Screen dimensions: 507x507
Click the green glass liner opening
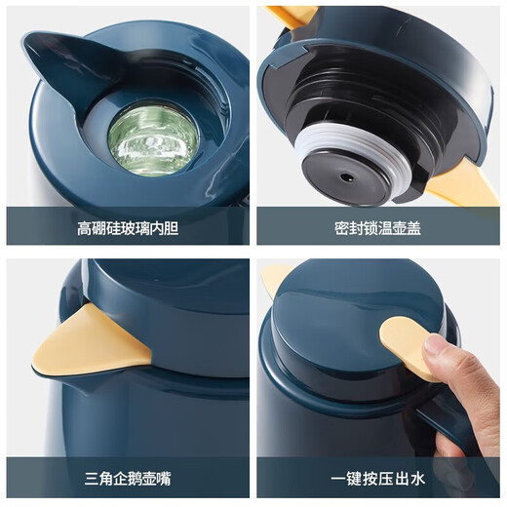tap(153, 137)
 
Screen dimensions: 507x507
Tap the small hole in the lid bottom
tap(344, 177)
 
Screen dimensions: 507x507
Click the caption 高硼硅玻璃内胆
tap(128, 228)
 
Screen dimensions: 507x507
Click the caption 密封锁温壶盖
tap(378, 228)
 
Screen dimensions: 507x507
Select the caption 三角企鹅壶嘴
tap(128, 479)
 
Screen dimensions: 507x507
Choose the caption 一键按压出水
tap(378, 479)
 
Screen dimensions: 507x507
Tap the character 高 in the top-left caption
tap(85, 228)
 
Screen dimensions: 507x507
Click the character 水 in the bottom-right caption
tap(417, 479)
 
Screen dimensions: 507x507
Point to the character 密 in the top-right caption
tap(342, 228)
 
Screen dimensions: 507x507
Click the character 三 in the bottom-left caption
tap(92, 479)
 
